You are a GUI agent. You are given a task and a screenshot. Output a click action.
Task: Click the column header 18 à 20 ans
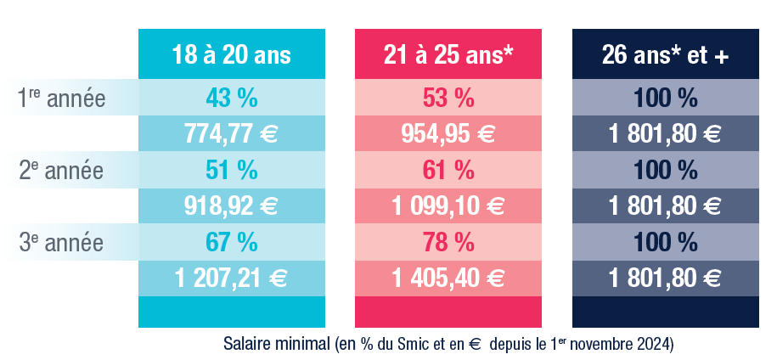click(x=231, y=56)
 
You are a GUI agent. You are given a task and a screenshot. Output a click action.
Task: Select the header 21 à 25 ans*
click(x=448, y=56)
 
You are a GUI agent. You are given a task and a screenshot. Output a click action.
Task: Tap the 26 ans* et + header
click(x=665, y=56)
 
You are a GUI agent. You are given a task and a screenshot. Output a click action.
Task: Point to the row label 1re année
click(x=61, y=99)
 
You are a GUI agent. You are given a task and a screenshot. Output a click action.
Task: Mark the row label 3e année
click(x=61, y=242)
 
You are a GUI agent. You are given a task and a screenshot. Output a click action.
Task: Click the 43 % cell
click(x=231, y=98)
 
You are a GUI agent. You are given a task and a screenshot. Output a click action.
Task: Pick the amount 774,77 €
click(x=231, y=134)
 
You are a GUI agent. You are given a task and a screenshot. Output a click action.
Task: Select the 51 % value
click(x=231, y=170)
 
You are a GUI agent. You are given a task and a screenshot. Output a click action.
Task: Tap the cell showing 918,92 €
click(x=231, y=205)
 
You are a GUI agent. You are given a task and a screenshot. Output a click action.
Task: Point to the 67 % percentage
click(x=231, y=242)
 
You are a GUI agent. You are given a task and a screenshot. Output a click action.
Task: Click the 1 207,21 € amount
click(x=231, y=278)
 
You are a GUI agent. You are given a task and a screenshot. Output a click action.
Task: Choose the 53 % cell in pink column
click(x=448, y=98)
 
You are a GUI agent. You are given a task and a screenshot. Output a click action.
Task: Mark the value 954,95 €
click(x=448, y=134)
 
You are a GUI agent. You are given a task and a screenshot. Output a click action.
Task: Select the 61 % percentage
click(x=448, y=170)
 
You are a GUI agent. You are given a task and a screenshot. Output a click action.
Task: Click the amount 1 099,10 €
click(x=448, y=205)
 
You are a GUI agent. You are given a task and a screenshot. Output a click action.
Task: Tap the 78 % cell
click(x=448, y=242)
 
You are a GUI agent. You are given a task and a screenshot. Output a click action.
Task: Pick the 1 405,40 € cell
click(x=448, y=278)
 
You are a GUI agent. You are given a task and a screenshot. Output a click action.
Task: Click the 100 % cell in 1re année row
click(x=665, y=98)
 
